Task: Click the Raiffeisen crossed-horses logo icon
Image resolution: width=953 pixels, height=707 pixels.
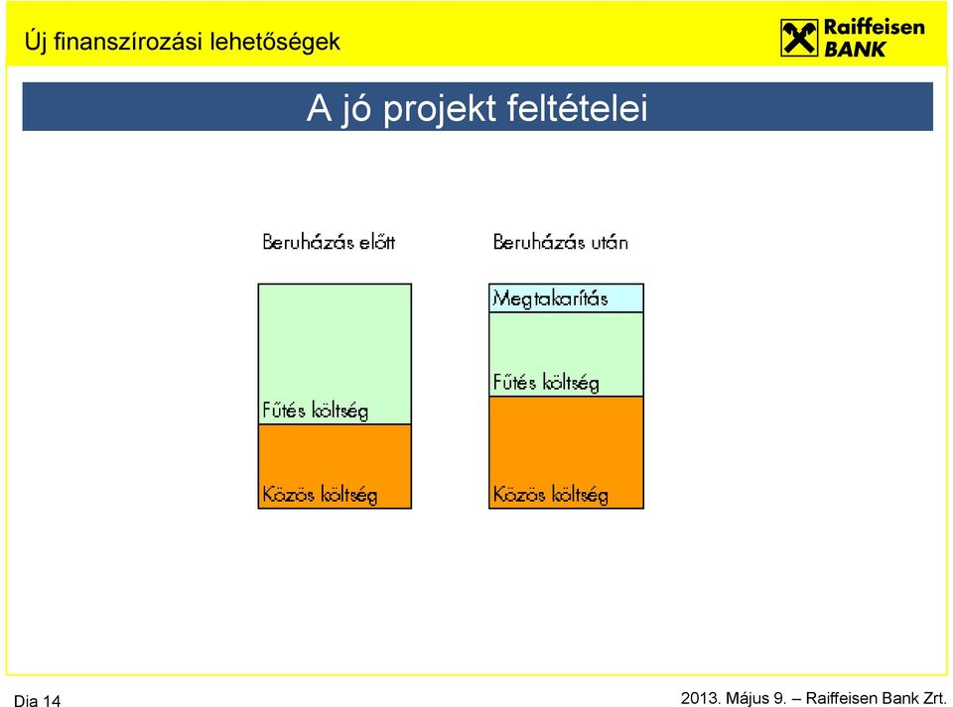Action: (x=799, y=38)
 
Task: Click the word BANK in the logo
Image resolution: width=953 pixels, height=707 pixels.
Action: (x=854, y=50)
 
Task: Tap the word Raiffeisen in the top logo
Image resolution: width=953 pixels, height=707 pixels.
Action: (x=874, y=28)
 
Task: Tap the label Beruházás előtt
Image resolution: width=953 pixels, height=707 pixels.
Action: (x=329, y=242)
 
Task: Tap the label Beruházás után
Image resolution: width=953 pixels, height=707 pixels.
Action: (x=560, y=242)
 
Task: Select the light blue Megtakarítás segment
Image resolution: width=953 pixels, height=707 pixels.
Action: (x=566, y=298)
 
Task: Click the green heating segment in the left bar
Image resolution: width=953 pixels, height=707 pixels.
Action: (x=335, y=354)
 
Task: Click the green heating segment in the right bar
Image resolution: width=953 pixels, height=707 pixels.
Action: (x=566, y=354)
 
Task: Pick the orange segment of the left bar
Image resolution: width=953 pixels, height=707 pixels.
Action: (x=335, y=466)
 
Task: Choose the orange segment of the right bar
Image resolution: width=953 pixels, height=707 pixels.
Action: (x=566, y=452)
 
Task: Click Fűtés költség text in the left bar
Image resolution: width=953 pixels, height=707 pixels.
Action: (x=316, y=411)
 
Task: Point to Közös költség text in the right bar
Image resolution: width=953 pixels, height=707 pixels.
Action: (x=550, y=494)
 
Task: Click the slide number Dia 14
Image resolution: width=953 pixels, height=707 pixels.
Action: (x=37, y=700)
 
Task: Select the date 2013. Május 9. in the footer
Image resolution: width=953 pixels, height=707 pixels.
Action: (x=734, y=698)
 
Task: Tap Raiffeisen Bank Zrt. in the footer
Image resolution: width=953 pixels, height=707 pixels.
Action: (x=876, y=698)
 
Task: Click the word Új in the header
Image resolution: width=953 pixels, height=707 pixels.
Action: (x=36, y=42)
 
